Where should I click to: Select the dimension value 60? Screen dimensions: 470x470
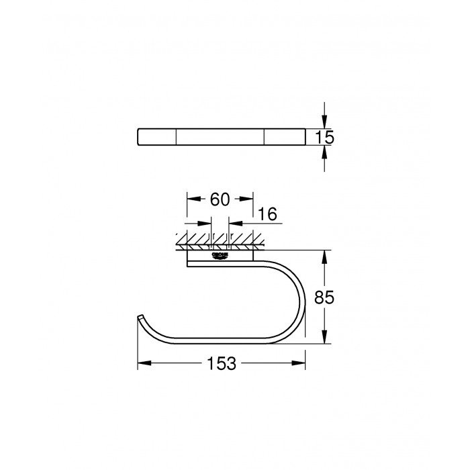coord(220,199)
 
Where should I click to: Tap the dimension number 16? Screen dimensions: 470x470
coord(268,214)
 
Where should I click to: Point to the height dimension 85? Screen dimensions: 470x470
coord(324,296)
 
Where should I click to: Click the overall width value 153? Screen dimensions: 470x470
coord(221,363)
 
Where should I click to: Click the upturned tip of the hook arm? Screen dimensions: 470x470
coord(140,316)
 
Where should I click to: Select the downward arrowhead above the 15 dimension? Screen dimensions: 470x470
coord(324,122)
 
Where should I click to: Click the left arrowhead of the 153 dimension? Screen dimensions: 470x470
coord(143,363)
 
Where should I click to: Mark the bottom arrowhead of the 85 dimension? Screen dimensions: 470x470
coord(324,338)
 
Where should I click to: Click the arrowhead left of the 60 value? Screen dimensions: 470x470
coord(192,199)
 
